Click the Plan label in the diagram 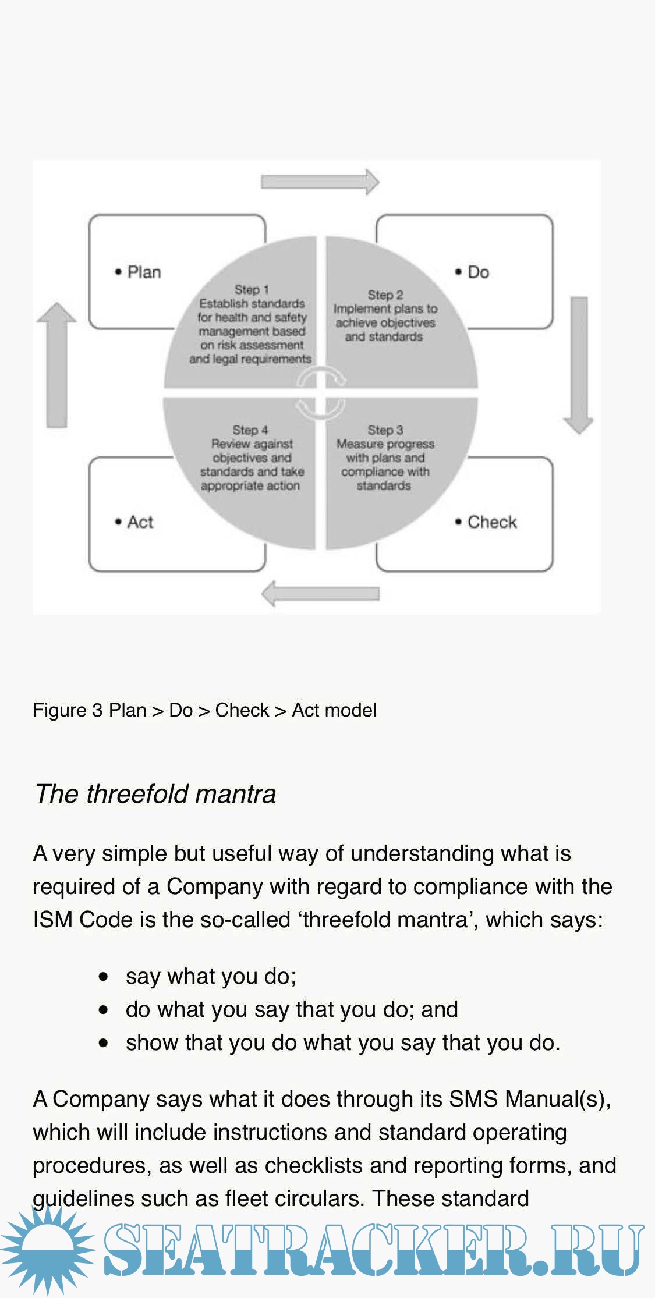[x=143, y=272]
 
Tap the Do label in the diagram [x=478, y=272]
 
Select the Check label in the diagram [x=491, y=522]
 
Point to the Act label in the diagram [x=140, y=522]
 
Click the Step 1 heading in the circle [x=252, y=289]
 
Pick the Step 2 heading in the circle [x=385, y=295]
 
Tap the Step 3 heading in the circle [x=385, y=430]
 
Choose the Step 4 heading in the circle [x=250, y=430]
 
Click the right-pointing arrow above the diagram [x=320, y=182]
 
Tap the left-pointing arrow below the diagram [x=320, y=594]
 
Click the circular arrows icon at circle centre [x=320, y=392]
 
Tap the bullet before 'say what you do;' [x=104, y=976]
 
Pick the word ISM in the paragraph [x=53, y=920]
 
